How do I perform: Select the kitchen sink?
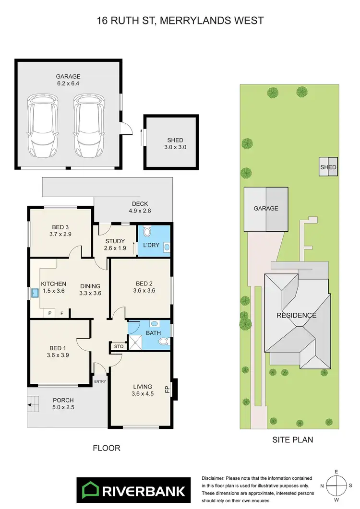35,293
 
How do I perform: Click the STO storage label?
118,346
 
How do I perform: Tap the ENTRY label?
100,381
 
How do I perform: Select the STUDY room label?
115,241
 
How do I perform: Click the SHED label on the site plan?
328,167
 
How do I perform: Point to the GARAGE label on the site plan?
266,208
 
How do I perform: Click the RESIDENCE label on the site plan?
296,315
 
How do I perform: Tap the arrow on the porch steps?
32,406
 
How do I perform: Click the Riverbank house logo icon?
90,490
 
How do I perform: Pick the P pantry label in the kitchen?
49,313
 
